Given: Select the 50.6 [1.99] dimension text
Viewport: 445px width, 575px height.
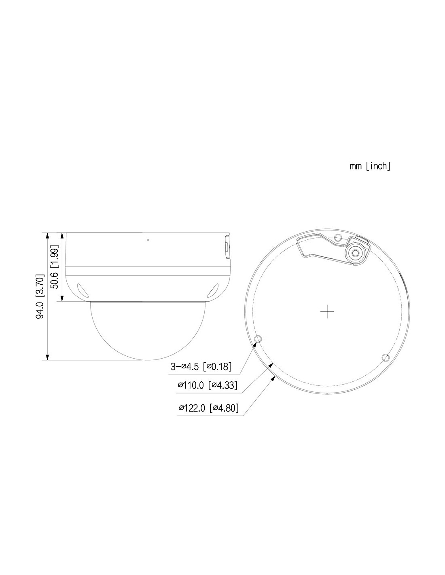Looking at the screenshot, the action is tap(55, 267).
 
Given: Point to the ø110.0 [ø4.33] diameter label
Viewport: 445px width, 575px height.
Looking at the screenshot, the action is tap(207, 385).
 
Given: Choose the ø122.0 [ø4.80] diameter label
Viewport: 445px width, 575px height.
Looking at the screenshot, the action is tap(208, 408).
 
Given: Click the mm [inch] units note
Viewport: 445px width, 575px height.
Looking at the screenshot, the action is tap(370, 166).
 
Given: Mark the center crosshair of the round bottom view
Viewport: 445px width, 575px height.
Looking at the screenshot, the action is tap(327, 311).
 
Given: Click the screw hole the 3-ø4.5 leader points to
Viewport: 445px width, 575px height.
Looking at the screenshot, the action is tap(258, 338).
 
